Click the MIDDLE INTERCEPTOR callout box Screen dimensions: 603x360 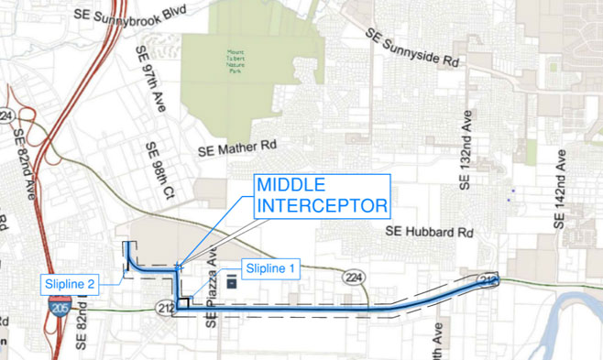point(322,194)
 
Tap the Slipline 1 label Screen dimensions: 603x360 point(268,268)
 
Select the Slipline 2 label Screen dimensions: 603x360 point(70,284)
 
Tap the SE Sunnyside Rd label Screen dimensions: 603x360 point(411,49)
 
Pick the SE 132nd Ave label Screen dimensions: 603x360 point(466,152)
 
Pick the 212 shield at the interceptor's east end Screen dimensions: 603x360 point(488,279)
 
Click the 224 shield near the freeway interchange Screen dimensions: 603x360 point(8,116)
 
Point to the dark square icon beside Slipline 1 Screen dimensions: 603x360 point(231,281)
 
